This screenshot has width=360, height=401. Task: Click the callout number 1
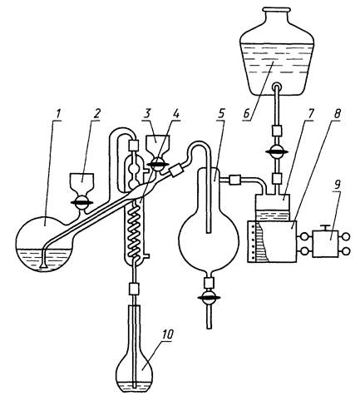[58, 114]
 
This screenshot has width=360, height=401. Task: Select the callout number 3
[147, 114]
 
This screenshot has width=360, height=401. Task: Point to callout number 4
[175, 114]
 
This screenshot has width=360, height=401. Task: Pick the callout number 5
[221, 114]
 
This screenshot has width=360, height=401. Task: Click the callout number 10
[167, 334]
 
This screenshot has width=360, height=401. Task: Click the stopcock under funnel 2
[81, 202]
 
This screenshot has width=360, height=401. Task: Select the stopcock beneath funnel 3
[157, 165]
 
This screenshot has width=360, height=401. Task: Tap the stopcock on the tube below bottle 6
[277, 151]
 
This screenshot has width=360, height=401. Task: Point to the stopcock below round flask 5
[209, 298]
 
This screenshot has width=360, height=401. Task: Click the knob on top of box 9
[325, 227]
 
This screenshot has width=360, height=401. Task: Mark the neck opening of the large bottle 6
[277, 10]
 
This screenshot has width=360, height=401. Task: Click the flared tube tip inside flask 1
[43, 266]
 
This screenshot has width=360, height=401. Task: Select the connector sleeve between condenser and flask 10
[135, 289]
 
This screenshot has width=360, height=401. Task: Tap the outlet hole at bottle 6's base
[277, 87]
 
